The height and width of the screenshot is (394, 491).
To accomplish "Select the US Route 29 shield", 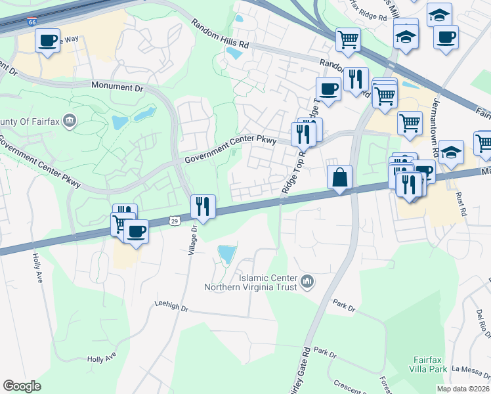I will tap(174, 223).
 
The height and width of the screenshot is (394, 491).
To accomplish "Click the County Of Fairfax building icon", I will tap(72, 121).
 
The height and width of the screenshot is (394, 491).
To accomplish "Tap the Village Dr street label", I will tap(194, 242).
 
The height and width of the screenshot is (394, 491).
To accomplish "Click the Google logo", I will tap(22, 386).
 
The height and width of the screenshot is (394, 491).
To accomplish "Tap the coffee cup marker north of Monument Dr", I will tap(47, 41).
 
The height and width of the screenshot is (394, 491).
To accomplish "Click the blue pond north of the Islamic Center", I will tap(226, 254).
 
